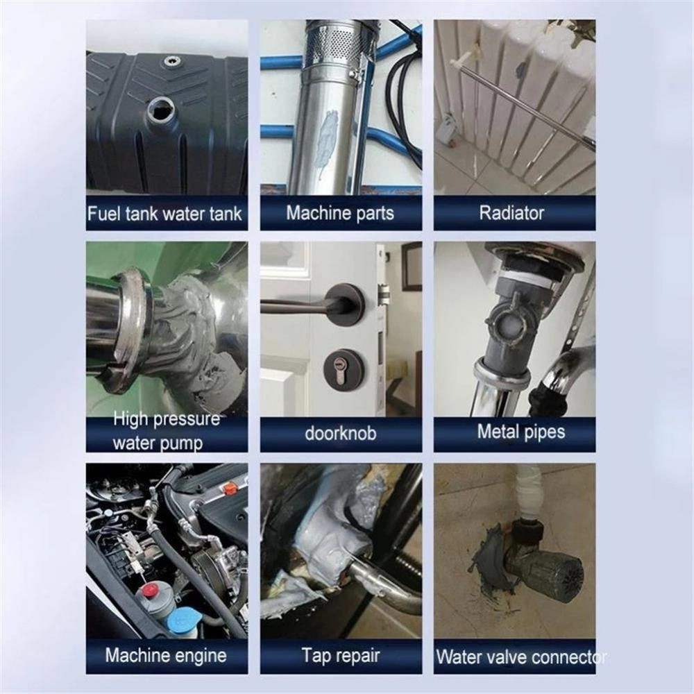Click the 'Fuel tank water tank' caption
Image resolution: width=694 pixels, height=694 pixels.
click(x=165, y=212)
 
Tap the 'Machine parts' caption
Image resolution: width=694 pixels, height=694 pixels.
click(x=339, y=212)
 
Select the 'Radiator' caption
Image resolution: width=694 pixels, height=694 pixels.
click(x=513, y=212)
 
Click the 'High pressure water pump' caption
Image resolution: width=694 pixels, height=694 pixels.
click(x=166, y=430)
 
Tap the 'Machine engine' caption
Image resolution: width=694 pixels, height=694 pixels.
click(x=166, y=654)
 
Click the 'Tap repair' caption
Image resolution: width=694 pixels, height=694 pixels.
click(x=339, y=654)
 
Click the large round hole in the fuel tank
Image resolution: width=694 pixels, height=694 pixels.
click(x=162, y=108)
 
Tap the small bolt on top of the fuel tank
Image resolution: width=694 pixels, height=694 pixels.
click(x=170, y=62)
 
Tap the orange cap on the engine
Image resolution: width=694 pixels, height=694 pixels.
click(x=230, y=488)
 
